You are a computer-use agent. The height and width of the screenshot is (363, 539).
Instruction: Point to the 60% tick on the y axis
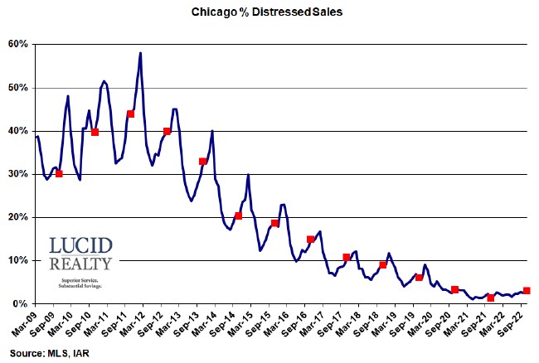pyautogui.click(x=18, y=44)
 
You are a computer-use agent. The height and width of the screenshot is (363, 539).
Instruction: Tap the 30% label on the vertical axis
pyautogui.click(x=18, y=174)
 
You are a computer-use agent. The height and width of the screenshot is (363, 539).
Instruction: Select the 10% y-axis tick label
pyautogui.click(x=18, y=260)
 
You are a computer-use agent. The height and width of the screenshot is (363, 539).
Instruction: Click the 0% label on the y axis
pyautogui.click(x=21, y=304)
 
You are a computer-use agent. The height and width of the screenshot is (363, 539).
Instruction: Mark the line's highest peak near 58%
pyautogui.click(x=140, y=53)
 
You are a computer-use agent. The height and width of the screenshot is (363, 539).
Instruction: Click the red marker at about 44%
pyautogui.click(x=130, y=114)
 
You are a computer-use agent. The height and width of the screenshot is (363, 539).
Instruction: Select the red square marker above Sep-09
pyautogui.click(x=59, y=173)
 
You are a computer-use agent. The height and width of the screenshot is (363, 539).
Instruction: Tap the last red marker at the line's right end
pyautogui.click(x=527, y=291)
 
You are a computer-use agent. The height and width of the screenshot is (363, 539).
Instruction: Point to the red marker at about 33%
pyautogui.click(x=203, y=162)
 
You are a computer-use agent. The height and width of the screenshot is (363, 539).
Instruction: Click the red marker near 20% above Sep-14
pyautogui.click(x=239, y=216)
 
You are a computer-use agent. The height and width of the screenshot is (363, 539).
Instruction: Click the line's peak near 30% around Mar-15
pyautogui.click(x=248, y=175)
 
